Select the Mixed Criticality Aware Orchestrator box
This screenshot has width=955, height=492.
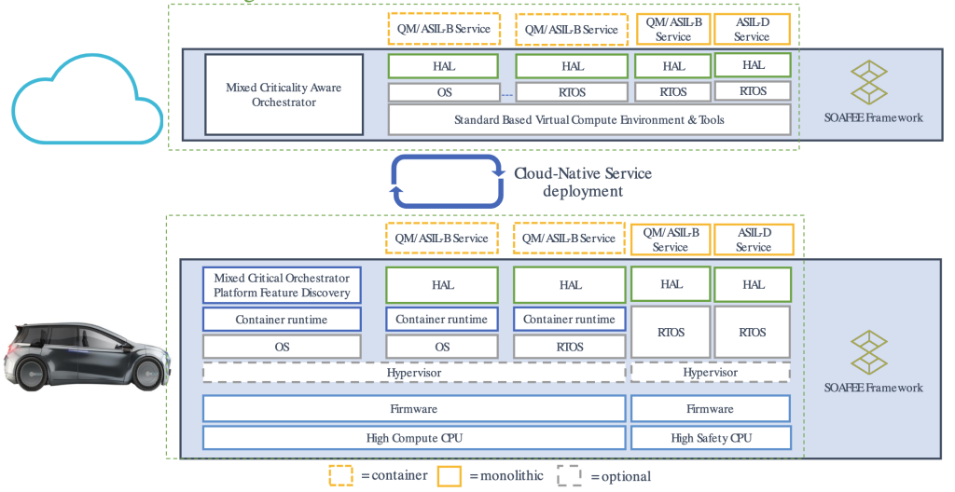tap(284, 95)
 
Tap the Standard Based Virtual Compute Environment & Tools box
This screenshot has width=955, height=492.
tap(588, 119)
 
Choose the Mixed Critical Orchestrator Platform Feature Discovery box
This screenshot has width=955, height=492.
tap(282, 285)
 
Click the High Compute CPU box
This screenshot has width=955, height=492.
tap(414, 437)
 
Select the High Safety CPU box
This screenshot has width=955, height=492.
tap(710, 437)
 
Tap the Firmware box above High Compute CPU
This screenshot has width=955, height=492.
tap(414, 408)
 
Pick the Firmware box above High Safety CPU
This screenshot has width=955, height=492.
tap(710, 408)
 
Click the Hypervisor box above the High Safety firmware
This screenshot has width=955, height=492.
tap(710, 372)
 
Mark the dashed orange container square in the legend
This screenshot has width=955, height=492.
tap(340, 475)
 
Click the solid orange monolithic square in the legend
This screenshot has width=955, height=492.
tap(450, 475)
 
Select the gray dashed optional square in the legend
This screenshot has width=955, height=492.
tap(569, 475)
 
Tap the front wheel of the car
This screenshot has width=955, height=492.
tap(146, 375)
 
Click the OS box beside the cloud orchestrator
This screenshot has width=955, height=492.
tap(444, 92)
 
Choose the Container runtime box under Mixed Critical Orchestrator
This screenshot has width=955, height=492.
tap(282, 320)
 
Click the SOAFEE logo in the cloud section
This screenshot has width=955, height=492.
tap(873, 82)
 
